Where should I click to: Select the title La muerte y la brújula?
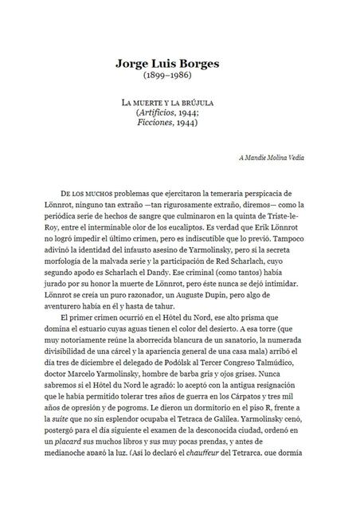click(x=179, y=105)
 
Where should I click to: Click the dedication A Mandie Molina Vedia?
click(x=271, y=158)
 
